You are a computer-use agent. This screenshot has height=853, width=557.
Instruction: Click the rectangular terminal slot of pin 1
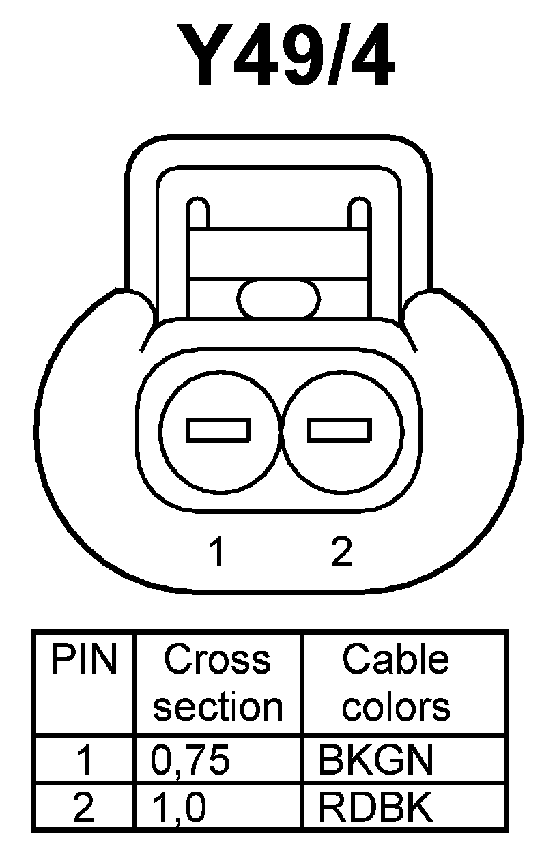coord(218,431)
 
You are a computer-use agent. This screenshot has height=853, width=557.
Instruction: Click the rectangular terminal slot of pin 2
coord(340,431)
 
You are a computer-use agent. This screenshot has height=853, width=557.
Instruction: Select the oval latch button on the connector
coord(278,299)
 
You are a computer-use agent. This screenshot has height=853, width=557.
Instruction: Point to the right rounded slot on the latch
coord(358,212)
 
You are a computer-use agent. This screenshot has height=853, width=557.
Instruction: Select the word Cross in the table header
coord(217,661)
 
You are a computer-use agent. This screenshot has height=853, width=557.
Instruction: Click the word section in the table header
coord(217,707)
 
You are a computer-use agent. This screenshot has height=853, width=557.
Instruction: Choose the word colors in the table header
coord(395,707)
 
